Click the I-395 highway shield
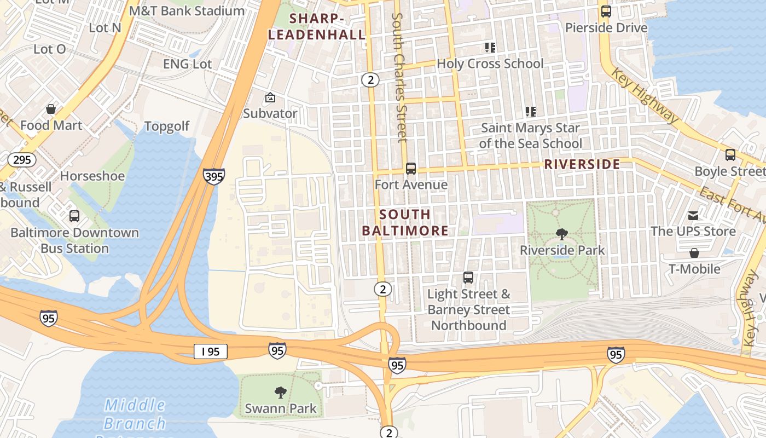213,176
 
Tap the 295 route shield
22,160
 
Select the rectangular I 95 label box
211,351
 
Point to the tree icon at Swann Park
280,392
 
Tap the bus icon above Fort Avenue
410,169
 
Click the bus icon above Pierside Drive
606,11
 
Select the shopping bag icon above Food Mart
51,109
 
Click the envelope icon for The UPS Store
693,216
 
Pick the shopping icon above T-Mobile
694,253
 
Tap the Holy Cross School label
490,64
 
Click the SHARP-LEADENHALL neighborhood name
317,26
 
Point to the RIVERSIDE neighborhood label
582,164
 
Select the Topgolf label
167,126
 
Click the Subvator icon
270,98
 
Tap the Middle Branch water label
135,414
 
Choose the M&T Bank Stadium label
187,11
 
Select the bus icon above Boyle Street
730,155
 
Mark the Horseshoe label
92,176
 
